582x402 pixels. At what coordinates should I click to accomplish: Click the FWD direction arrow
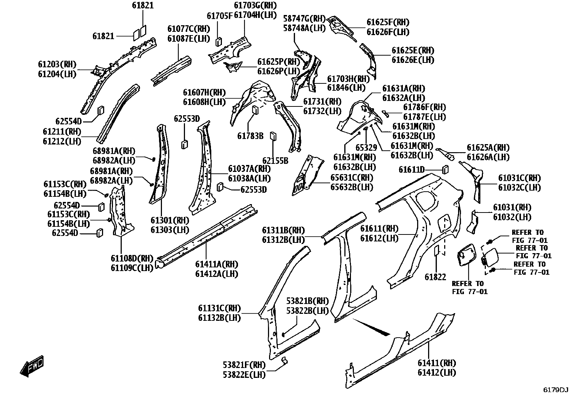pos(32,366)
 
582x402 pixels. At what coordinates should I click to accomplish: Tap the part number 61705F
pos(220,16)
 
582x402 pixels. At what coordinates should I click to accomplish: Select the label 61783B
pos(250,136)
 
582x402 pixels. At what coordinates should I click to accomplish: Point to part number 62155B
pos(275,161)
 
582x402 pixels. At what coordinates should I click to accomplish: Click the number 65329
pos(366,148)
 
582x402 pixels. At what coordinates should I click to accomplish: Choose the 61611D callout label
pos(412,170)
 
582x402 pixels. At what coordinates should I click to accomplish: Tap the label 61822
pos(435,277)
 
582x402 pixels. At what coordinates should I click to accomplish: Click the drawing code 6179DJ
pos(556,390)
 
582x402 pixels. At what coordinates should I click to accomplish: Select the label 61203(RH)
pos(57,64)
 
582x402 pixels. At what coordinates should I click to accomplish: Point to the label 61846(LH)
pos(346,88)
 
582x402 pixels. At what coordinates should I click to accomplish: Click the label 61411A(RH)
pos(217,264)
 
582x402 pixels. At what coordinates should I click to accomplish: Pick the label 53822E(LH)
pos(244,375)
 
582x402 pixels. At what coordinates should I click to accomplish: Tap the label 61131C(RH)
pos(220,308)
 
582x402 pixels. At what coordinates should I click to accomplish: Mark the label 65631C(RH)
pos(352,178)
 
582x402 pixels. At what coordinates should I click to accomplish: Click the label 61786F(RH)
pos(424,107)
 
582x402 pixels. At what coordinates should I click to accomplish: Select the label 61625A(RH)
pos(488,148)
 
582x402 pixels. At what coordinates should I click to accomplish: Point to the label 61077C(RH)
pos(189,29)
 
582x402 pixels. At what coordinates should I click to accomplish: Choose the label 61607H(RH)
pos(204,92)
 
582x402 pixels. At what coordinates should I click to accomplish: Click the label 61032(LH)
pos(512,217)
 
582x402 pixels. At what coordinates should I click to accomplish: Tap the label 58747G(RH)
pos(304,18)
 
